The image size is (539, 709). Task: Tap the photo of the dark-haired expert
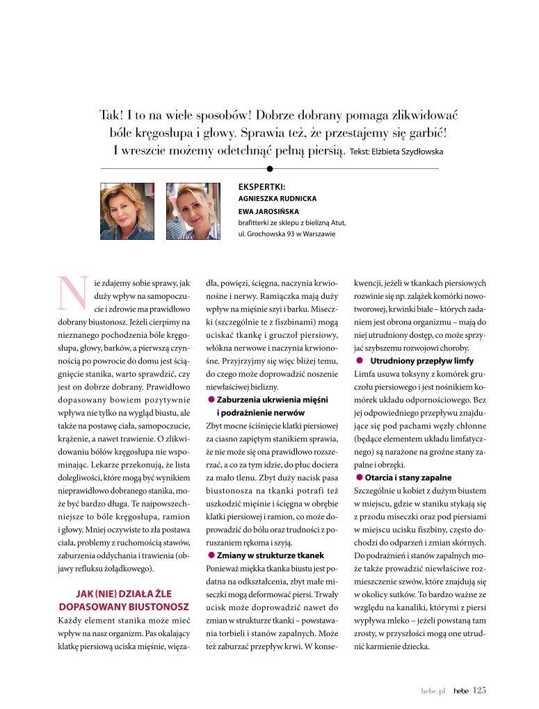pos(127,211)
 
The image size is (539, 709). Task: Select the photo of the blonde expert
pos(193,211)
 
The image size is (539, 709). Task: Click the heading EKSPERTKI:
pos(262,186)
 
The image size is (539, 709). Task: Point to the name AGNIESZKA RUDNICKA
pos(277,198)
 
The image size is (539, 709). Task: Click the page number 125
pos(480,690)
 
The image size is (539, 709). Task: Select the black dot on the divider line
pos(270,168)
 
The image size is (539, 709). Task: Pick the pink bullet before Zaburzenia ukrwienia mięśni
pos(211,400)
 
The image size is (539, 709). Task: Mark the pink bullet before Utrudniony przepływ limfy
pos(360,361)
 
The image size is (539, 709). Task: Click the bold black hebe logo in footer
pos(460,691)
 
